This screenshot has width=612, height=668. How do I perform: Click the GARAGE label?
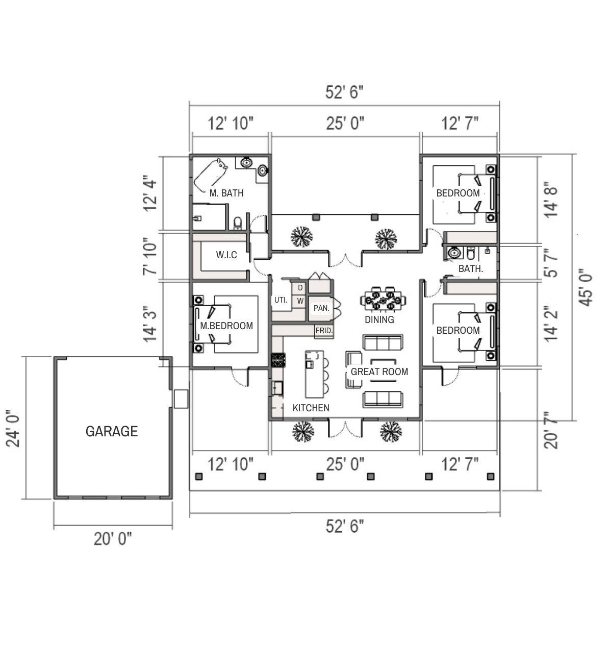(x=112, y=431)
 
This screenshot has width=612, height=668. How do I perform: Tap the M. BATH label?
(x=226, y=193)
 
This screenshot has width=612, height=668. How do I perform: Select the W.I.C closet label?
(x=226, y=255)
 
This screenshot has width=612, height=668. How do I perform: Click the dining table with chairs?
(x=382, y=301)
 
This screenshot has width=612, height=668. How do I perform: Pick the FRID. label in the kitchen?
(x=324, y=331)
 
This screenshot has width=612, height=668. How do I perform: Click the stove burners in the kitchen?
(x=278, y=360)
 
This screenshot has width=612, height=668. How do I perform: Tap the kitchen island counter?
(x=315, y=374)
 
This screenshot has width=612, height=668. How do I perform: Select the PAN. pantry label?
(x=321, y=308)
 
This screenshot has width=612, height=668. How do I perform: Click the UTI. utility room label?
(x=280, y=300)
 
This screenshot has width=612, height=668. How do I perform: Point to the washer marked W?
(x=300, y=301)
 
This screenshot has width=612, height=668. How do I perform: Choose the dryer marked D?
(x=300, y=288)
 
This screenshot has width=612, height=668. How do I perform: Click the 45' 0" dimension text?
(x=585, y=287)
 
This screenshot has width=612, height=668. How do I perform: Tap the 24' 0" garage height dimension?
(x=13, y=428)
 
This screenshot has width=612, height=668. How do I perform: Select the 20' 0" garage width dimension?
(x=113, y=539)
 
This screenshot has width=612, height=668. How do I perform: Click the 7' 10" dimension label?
(x=150, y=256)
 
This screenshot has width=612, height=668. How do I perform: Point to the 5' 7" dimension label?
(x=551, y=263)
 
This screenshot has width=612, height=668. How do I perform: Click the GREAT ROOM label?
(x=379, y=372)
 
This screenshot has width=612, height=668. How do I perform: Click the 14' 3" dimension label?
(x=150, y=324)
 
